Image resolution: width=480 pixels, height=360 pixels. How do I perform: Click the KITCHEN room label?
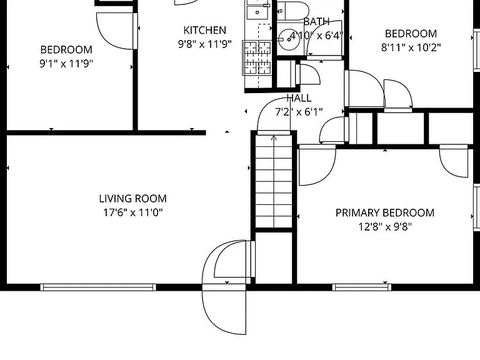point(205,30)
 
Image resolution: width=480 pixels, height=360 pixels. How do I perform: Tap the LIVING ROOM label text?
point(133,199)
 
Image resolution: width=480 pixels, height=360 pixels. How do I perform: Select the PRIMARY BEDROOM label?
point(385,212)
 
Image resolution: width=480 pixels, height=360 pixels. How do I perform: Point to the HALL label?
point(299,98)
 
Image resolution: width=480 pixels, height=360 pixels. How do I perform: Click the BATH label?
point(316,22)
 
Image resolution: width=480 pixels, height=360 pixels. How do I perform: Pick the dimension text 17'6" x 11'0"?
point(133,212)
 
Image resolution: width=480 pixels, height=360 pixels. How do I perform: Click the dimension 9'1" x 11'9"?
point(66,64)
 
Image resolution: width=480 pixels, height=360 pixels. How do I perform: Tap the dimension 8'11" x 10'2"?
point(411,47)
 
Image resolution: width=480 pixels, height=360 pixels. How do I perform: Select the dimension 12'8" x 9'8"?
point(385,227)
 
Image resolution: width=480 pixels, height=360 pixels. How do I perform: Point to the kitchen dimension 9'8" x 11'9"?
point(205,44)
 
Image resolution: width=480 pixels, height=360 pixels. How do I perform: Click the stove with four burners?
point(257,57)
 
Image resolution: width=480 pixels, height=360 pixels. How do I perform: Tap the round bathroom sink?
point(289,40)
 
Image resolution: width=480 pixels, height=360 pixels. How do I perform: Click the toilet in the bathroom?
point(293,11)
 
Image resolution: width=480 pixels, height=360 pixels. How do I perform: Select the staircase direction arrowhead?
point(274,139)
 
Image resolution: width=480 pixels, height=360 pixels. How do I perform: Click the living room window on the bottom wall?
point(98,287)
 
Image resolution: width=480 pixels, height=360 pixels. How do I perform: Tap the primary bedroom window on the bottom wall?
point(361,287)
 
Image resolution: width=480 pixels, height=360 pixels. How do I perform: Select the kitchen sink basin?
point(257,12)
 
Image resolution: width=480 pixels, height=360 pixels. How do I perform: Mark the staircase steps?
point(274,181)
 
